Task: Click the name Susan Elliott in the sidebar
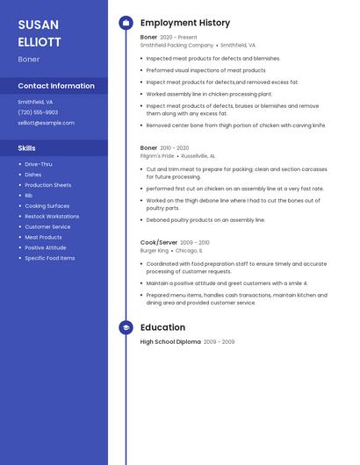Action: [x=40, y=32]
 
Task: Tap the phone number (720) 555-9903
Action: [x=38, y=112]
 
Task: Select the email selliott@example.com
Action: [x=46, y=123]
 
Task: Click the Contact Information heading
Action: [x=56, y=86]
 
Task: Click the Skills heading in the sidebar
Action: [x=27, y=148]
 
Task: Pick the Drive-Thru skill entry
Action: [x=39, y=164]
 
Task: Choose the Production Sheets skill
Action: [x=48, y=185]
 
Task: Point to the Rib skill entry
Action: [x=28, y=196]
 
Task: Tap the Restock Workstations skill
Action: [x=52, y=217]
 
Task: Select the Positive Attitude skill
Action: [x=46, y=247]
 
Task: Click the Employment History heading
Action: [x=185, y=23]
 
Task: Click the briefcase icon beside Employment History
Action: [x=126, y=23]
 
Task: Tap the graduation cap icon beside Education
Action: [x=126, y=327]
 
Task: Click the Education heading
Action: [x=162, y=327]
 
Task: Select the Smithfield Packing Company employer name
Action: [x=176, y=45]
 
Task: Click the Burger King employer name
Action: [x=155, y=250]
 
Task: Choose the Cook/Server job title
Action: [x=159, y=242]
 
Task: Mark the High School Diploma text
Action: [x=170, y=341]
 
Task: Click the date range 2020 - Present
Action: [x=179, y=37]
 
